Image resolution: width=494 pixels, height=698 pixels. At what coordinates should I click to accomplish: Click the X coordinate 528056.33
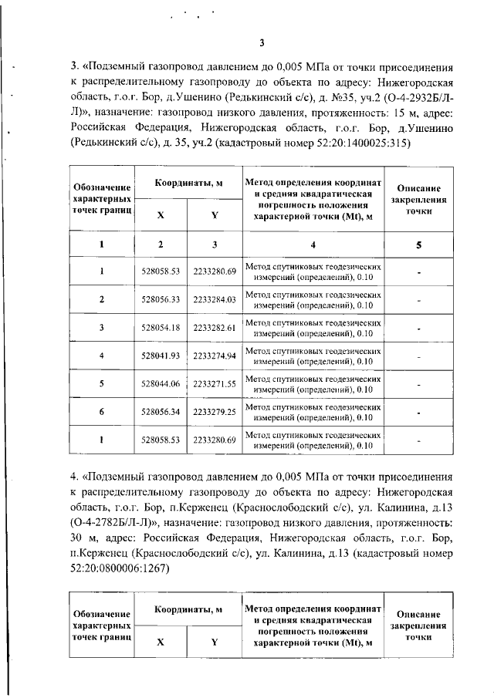(160, 299)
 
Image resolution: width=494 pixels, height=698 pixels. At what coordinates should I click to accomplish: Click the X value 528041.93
(160, 356)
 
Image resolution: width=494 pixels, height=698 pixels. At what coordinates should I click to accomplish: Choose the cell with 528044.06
(160, 384)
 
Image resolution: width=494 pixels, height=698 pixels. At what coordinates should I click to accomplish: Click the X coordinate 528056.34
(160, 413)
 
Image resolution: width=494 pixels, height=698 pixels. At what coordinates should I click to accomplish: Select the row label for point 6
(102, 413)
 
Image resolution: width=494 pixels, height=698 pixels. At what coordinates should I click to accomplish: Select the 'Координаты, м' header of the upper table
(188, 183)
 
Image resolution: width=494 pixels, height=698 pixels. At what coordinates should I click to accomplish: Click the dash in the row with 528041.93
(418, 356)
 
